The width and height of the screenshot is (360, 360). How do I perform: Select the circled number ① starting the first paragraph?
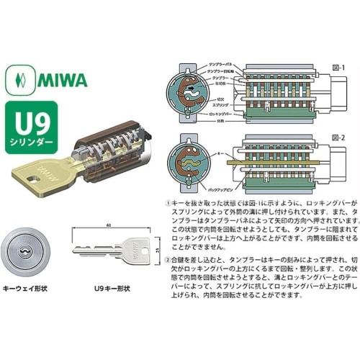click(x=168, y=204)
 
